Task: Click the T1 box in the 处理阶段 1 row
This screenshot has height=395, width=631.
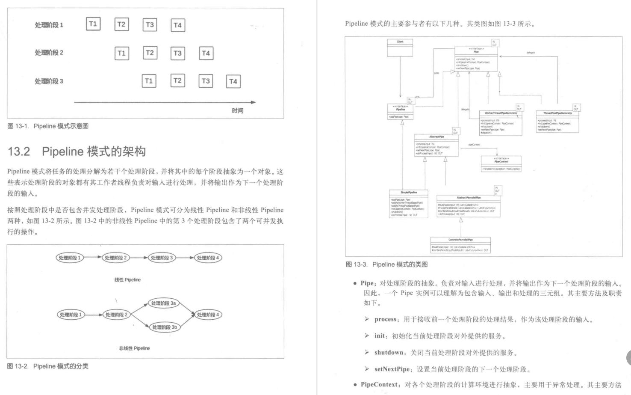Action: (x=93, y=24)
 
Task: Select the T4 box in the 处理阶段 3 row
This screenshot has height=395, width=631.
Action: (x=233, y=81)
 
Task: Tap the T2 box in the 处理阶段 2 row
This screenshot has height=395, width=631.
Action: (x=150, y=53)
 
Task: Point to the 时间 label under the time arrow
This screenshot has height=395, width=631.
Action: (x=238, y=111)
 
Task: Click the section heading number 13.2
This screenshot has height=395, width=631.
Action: (x=19, y=151)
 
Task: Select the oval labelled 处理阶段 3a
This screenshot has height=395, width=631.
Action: (x=163, y=303)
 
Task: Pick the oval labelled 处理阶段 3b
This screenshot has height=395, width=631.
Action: (x=165, y=327)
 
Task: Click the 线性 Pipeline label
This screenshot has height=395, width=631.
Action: (x=127, y=280)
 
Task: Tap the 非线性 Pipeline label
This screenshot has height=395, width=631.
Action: (x=134, y=348)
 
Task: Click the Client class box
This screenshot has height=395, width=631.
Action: (x=400, y=48)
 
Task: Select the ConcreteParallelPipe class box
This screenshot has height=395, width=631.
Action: (x=460, y=245)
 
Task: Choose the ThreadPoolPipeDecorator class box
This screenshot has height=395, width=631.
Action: (x=557, y=122)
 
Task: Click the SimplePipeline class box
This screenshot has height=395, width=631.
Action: (x=409, y=203)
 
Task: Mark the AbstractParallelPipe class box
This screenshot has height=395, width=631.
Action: (x=469, y=206)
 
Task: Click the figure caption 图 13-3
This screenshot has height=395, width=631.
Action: (x=357, y=264)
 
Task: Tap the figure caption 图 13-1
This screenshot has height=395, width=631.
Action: (x=18, y=126)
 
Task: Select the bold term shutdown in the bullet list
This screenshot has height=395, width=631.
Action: (x=389, y=353)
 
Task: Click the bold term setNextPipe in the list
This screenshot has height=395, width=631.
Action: (x=392, y=369)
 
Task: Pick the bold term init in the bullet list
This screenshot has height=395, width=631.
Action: (x=380, y=336)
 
